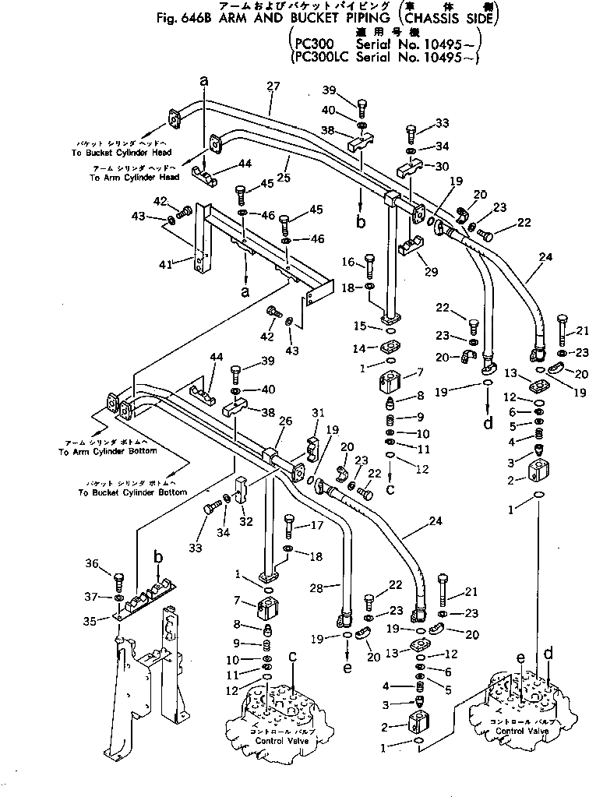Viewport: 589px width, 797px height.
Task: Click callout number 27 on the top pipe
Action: coord(273,86)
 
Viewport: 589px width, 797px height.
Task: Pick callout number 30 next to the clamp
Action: coord(442,166)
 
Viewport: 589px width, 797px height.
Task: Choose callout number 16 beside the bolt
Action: coord(347,261)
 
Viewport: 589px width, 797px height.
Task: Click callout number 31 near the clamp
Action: coord(317,413)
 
